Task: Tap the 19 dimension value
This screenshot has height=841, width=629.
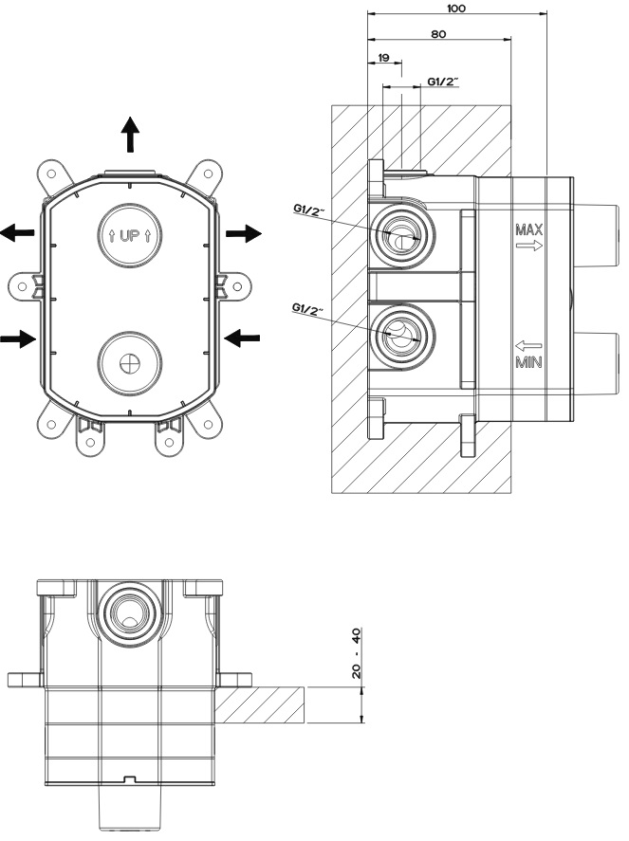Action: [384, 58]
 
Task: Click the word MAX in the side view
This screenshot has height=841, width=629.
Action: [528, 229]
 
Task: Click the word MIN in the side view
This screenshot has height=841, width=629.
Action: [528, 361]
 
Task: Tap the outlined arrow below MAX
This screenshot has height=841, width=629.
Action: [528, 246]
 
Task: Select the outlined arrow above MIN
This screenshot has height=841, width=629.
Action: [528, 345]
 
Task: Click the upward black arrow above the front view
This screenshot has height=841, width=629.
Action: [130, 136]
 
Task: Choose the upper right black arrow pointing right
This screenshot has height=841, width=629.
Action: [243, 233]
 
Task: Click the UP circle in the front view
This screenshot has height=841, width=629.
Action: [130, 233]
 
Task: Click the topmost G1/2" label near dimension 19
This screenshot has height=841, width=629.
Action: [442, 82]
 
